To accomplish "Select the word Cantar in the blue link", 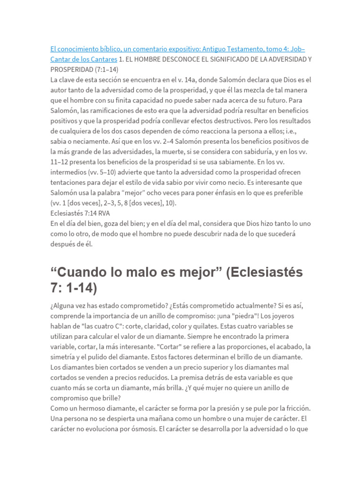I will tap(61, 59).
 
